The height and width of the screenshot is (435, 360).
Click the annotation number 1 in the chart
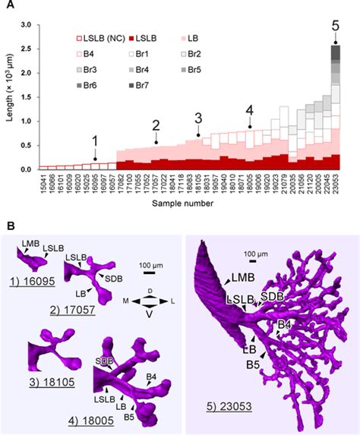pos(94,141)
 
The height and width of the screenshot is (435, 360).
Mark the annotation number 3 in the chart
pos(198,118)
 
